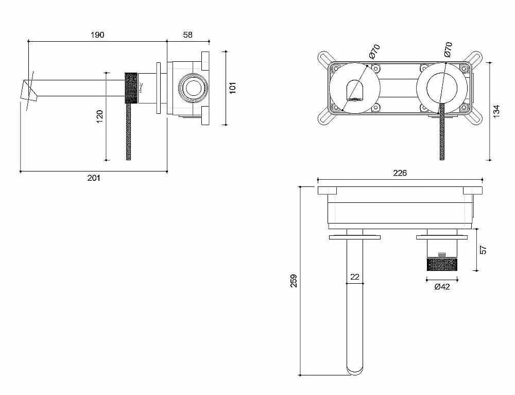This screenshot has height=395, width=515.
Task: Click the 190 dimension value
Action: pyautogui.click(x=97, y=35)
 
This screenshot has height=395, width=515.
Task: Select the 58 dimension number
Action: pyautogui.click(x=187, y=35)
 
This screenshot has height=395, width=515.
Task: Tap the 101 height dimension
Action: pyautogui.click(x=233, y=88)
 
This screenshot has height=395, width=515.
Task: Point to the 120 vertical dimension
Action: pyautogui.click(x=99, y=116)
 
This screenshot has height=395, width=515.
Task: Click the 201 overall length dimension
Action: pyautogui.click(x=94, y=178)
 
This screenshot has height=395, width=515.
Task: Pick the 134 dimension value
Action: pyautogui.click(x=496, y=111)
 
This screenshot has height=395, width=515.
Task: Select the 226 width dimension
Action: pyautogui.click(x=400, y=173)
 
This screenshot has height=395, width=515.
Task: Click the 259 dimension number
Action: pyautogui.click(x=294, y=281)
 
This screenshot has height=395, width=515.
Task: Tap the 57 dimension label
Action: pyautogui.click(x=483, y=250)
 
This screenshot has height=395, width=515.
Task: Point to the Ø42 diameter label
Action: pyautogui.click(x=442, y=287)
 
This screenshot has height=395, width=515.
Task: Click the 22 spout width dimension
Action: pyautogui.click(x=355, y=277)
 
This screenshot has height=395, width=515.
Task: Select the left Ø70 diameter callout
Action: pyautogui.click(x=374, y=51)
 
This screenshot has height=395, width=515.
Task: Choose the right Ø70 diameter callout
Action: pyautogui.click(x=448, y=49)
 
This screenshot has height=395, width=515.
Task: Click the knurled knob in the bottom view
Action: pyautogui.click(x=442, y=265)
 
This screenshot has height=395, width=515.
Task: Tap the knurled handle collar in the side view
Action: pyautogui.click(x=131, y=89)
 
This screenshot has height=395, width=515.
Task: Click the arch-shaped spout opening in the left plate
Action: pyautogui.click(x=355, y=90)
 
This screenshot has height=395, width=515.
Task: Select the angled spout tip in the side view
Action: pyautogui.click(x=29, y=89)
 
